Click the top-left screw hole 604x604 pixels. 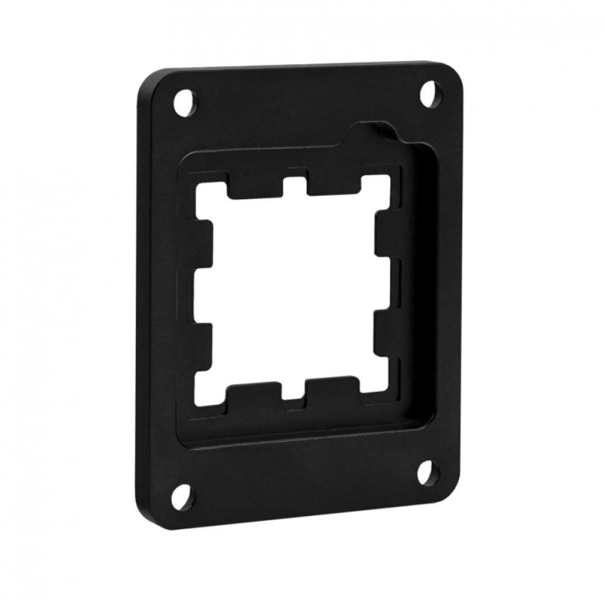(x=187, y=100)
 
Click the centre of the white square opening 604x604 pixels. (x=296, y=287)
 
